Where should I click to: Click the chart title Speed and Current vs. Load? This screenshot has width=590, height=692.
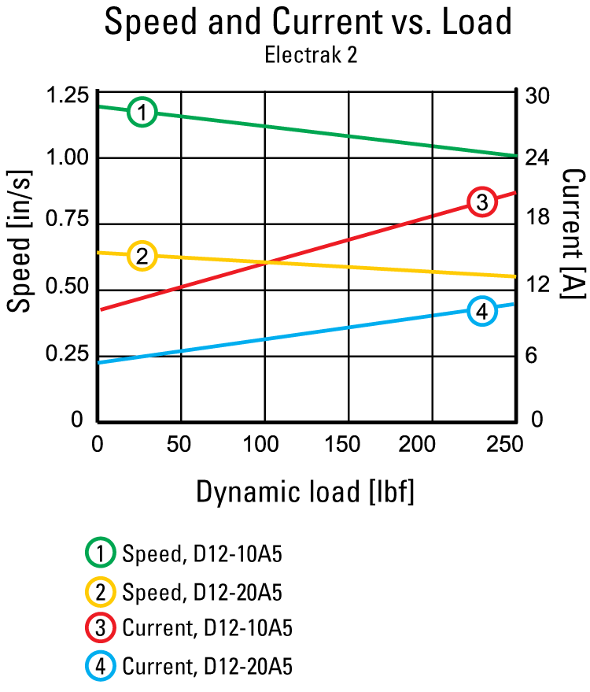tap(308, 22)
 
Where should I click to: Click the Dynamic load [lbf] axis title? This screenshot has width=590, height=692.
tap(304, 492)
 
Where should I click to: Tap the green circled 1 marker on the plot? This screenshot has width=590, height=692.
tap(142, 113)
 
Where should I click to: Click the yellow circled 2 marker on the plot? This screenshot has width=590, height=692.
tap(142, 256)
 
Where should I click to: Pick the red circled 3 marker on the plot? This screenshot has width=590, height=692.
tap(481, 202)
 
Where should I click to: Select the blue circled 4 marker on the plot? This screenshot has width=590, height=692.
tap(481, 311)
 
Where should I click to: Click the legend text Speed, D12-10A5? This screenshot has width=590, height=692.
tap(202, 554)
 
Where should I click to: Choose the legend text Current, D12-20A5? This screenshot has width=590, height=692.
tap(208, 667)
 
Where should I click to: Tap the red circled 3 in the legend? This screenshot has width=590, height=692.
tap(101, 629)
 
